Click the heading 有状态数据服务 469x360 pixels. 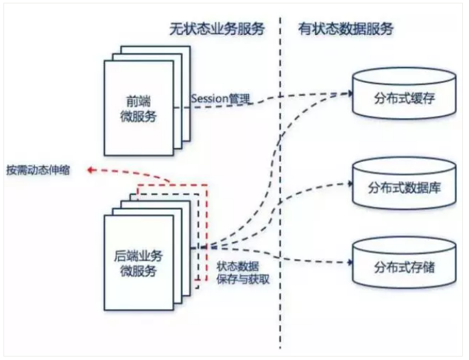click(346, 28)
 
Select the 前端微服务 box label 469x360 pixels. click(142, 108)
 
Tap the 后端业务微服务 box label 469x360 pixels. click(142, 263)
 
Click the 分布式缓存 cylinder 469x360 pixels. click(402, 95)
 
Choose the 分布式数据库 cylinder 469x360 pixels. click(402, 186)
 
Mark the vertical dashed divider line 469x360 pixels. click(280, 206)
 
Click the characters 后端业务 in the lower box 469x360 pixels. click(142, 256)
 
